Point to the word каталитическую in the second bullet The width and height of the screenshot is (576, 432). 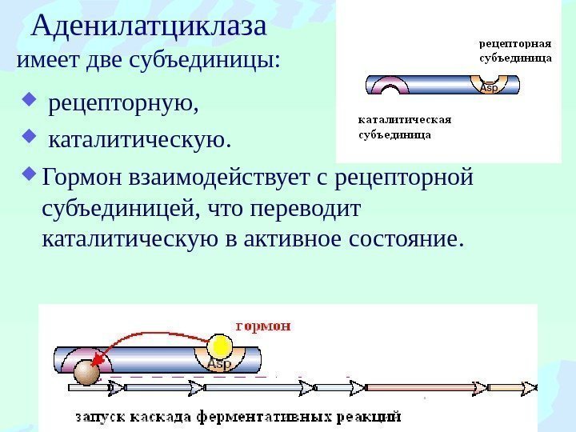(138, 142)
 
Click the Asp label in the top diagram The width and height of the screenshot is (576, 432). (489, 88)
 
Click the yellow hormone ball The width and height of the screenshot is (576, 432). (220, 346)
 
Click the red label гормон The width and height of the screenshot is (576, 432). (263, 326)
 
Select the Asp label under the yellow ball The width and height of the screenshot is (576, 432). (218, 366)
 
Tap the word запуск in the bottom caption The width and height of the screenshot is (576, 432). (99, 417)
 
